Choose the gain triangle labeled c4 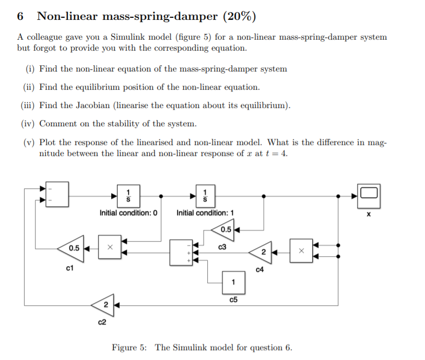262,251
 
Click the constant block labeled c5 233,282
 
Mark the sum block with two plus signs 181,253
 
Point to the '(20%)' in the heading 239,16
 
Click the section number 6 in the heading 20,16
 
